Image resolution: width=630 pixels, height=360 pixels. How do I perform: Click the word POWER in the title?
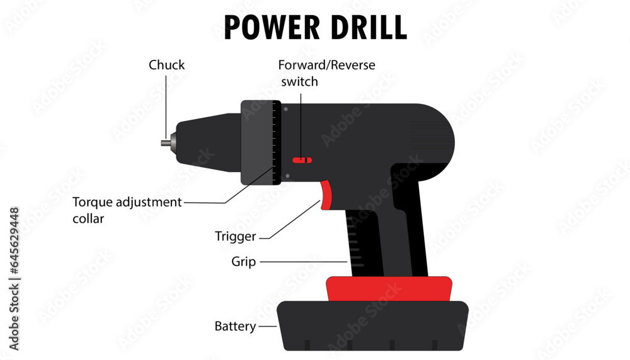[269, 27]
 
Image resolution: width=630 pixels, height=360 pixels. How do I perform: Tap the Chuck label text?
[166, 65]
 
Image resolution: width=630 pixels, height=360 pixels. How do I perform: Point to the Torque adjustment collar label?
[127, 210]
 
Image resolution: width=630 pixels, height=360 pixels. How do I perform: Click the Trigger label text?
[236, 237]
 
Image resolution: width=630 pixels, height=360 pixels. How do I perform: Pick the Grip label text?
[243, 262]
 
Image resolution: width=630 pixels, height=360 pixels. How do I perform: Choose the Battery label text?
[235, 327]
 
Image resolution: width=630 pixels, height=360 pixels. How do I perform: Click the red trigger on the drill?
[326, 194]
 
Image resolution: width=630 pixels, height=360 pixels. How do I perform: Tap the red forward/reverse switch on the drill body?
[303, 160]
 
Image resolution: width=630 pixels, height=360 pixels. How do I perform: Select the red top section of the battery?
[389, 289]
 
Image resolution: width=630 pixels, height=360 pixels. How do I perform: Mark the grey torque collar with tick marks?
[260, 142]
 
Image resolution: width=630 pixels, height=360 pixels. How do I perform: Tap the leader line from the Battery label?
[268, 327]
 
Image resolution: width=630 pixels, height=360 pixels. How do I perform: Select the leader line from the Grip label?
[302, 262]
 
